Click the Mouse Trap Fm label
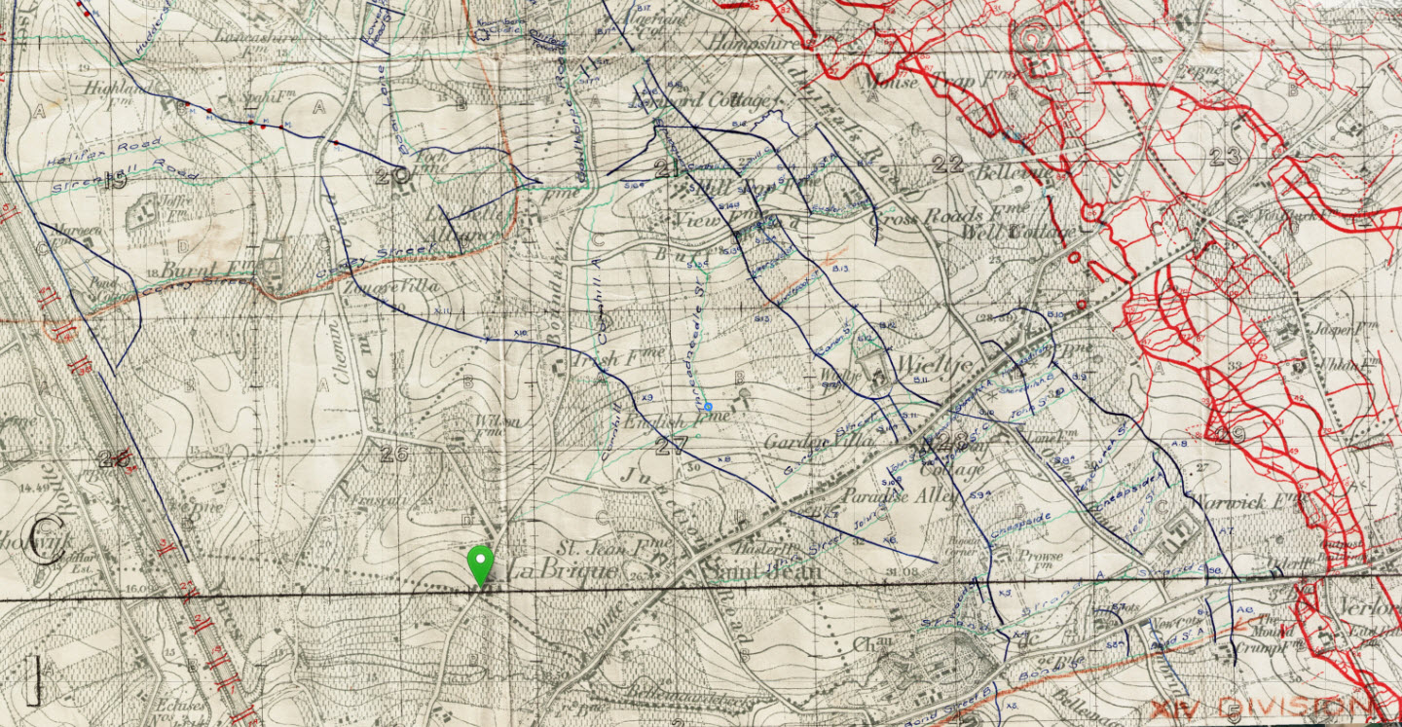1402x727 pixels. [x=902, y=83]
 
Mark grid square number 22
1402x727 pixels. [x=946, y=164]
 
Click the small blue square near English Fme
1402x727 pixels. [x=710, y=406]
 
